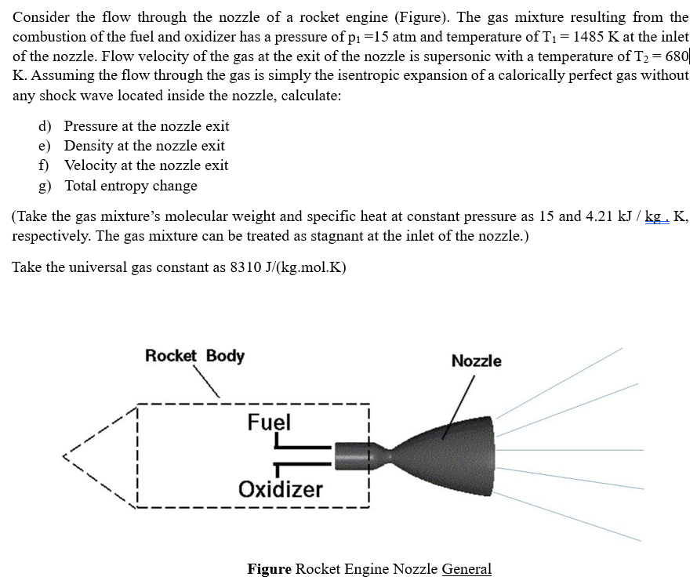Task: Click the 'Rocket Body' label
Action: point(194,356)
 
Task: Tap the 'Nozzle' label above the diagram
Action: point(476,361)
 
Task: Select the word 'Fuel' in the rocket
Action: point(269,423)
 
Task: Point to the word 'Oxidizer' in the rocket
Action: point(280,489)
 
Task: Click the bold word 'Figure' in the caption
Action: point(269,569)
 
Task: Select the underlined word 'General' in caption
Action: point(466,569)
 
